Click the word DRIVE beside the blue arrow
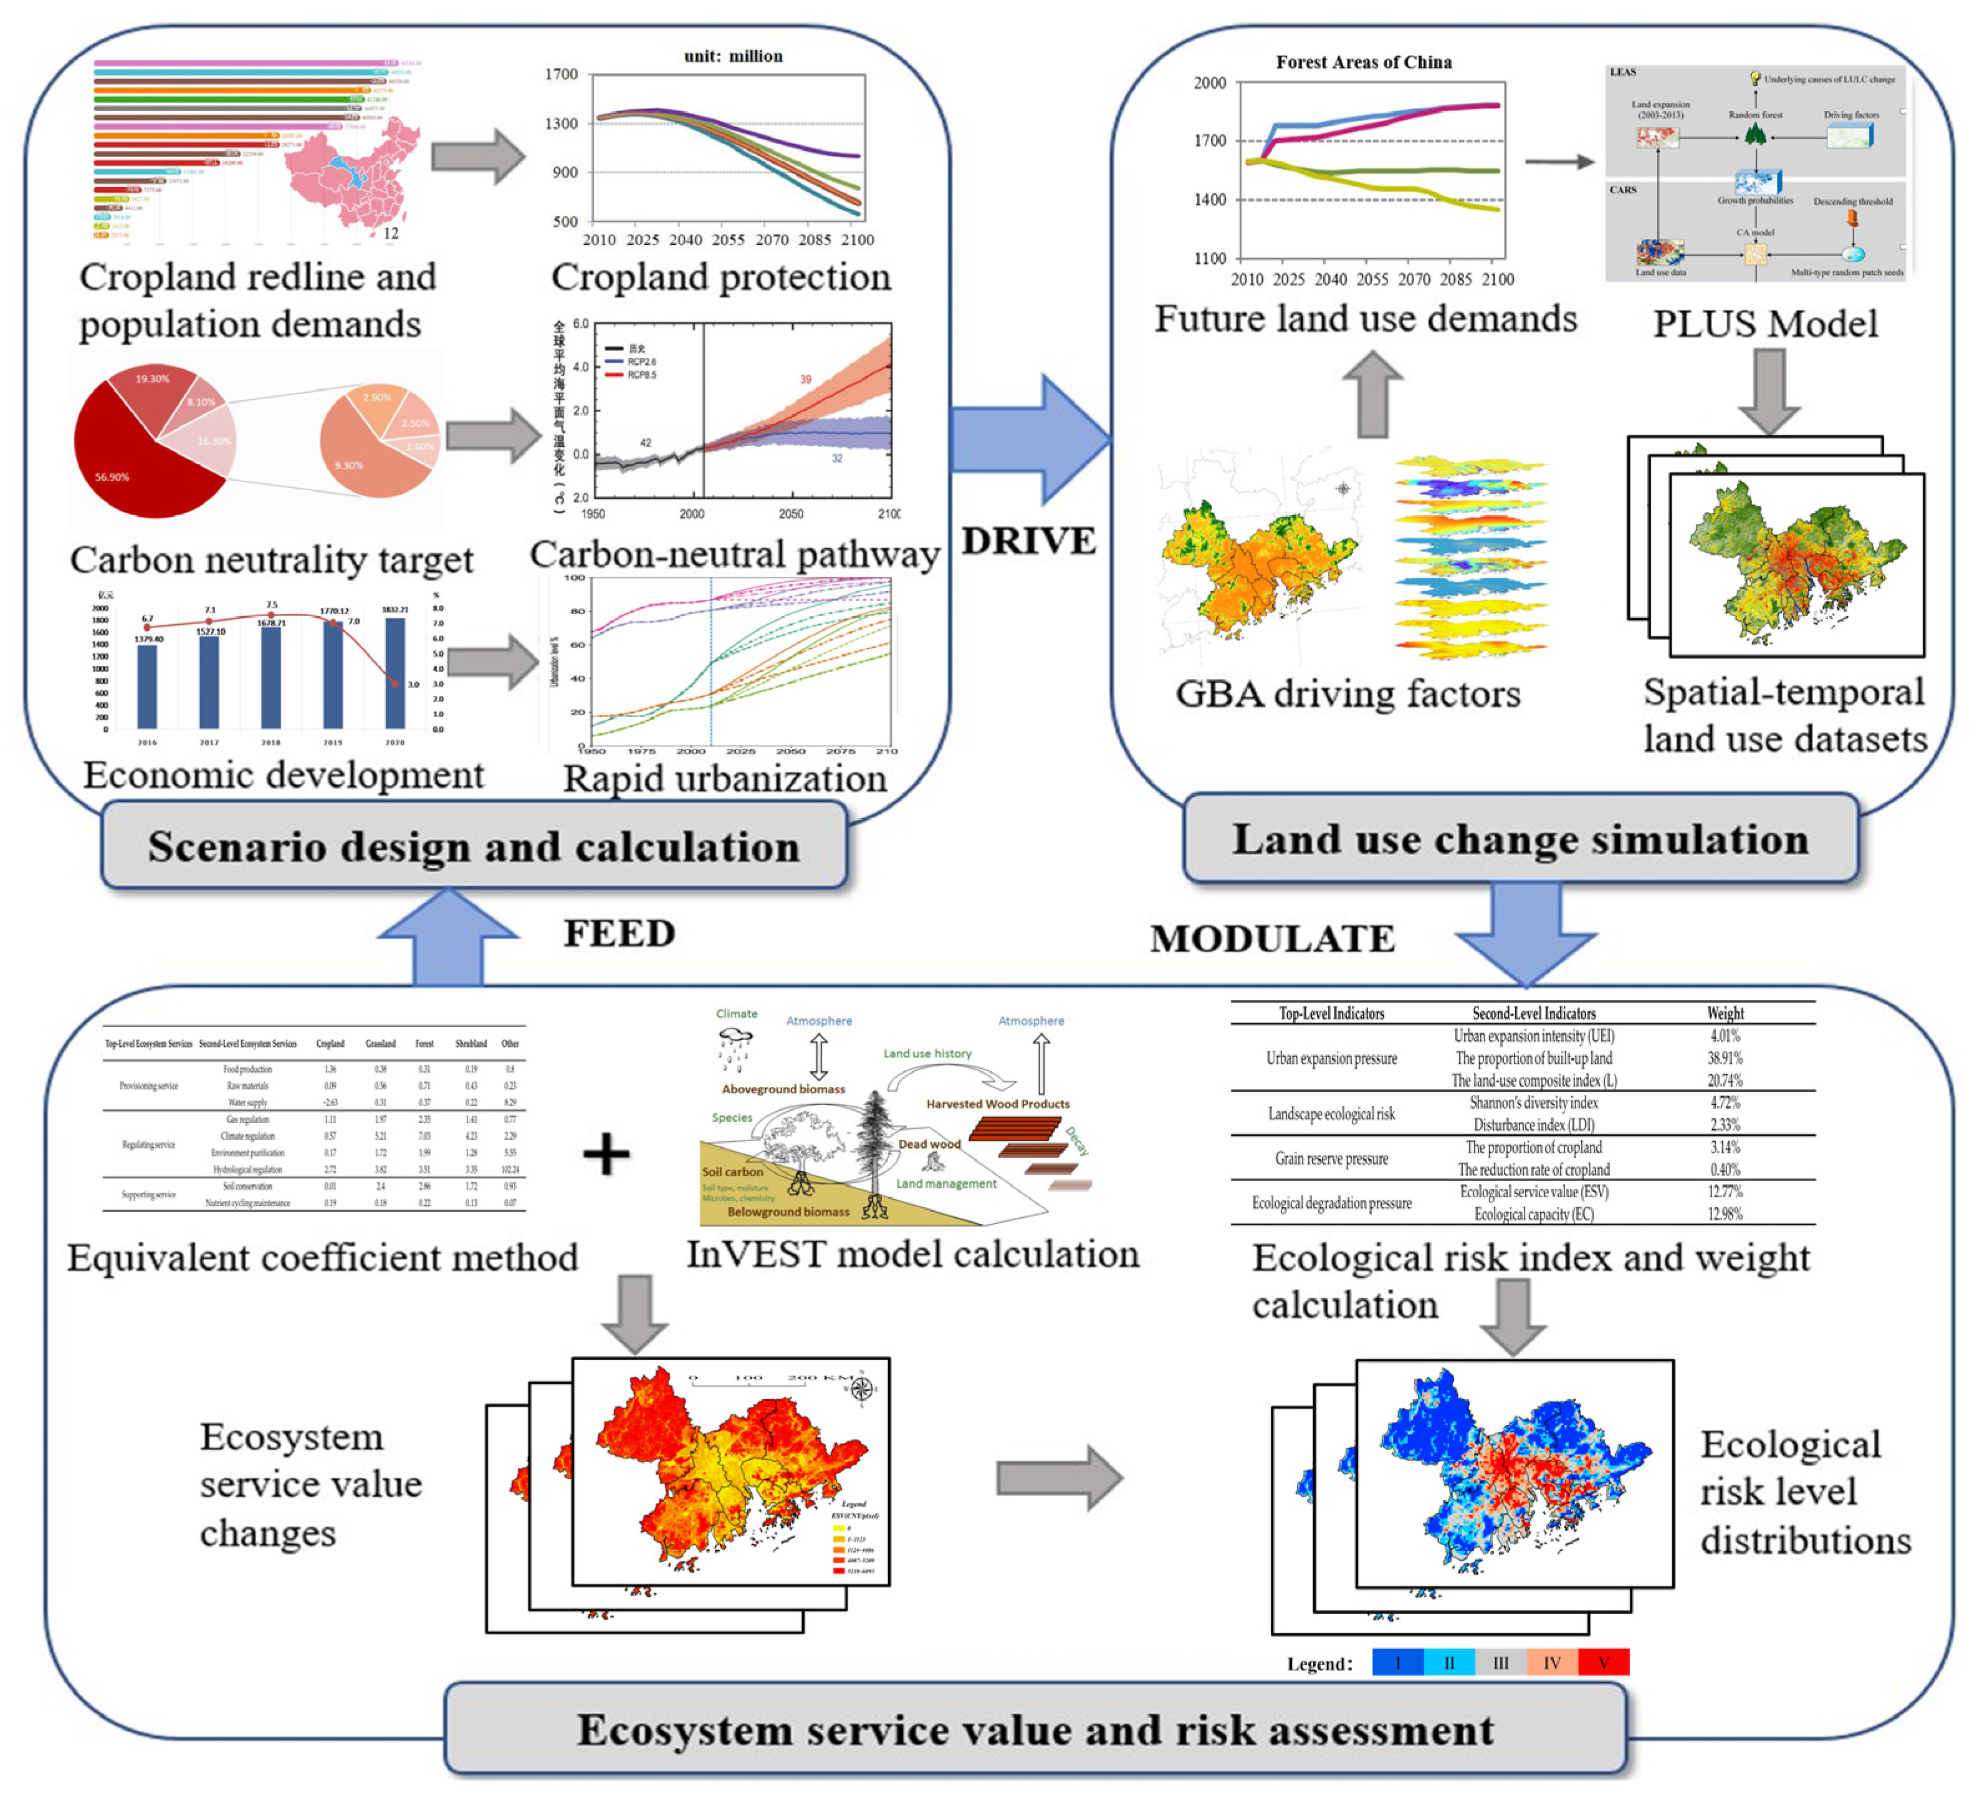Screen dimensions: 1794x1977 1028,541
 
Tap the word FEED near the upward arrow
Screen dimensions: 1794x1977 619,933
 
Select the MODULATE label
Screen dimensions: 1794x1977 1272,938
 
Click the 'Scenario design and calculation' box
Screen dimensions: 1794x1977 474,846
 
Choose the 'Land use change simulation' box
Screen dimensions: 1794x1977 1520,839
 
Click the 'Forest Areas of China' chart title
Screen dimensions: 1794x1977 1363,62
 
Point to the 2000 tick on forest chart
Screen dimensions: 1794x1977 1209,84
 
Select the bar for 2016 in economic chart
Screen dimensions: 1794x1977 147,686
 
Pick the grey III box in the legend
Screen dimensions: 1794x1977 1500,1662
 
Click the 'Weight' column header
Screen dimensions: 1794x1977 1725,1013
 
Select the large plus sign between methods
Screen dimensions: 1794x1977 606,1154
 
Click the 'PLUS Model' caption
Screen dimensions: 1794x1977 1765,324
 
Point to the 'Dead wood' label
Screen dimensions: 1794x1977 929,1144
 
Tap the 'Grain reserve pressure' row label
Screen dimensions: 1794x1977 1331,1159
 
